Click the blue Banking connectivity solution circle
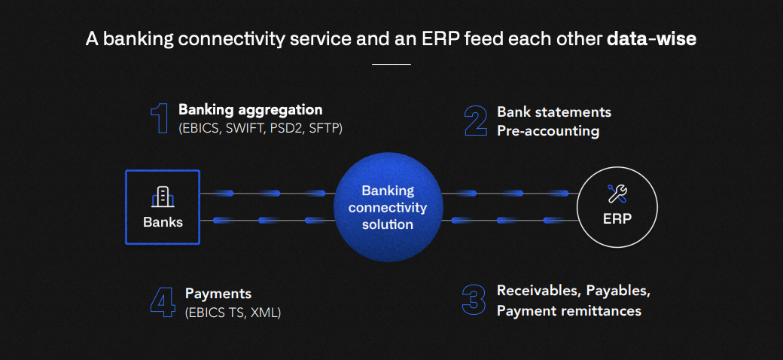(x=387, y=207)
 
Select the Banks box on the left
(x=163, y=207)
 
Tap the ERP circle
(x=617, y=207)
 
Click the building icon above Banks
(x=163, y=197)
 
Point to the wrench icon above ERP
(x=617, y=194)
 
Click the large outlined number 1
(x=160, y=119)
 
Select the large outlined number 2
(x=476, y=121)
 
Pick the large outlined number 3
(x=474, y=299)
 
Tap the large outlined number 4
(x=163, y=301)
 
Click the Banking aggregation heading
(x=250, y=110)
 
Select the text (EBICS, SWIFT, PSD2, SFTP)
(x=260, y=129)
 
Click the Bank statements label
(x=554, y=112)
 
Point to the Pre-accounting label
(x=548, y=131)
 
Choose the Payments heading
(x=218, y=293)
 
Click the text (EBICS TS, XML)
(x=233, y=312)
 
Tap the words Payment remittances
(x=569, y=310)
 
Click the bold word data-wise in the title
(x=651, y=39)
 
